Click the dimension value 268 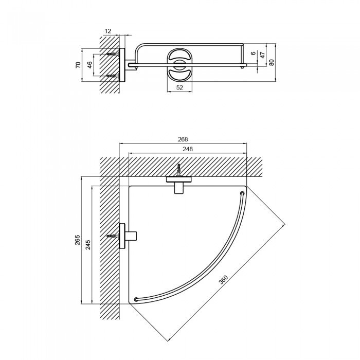(183, 139)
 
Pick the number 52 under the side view (179, 87)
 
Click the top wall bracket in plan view (178, 183)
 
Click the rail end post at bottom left (136, 299)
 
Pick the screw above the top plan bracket (178, 169)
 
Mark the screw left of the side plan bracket (113, 237)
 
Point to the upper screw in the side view (112, 53)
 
